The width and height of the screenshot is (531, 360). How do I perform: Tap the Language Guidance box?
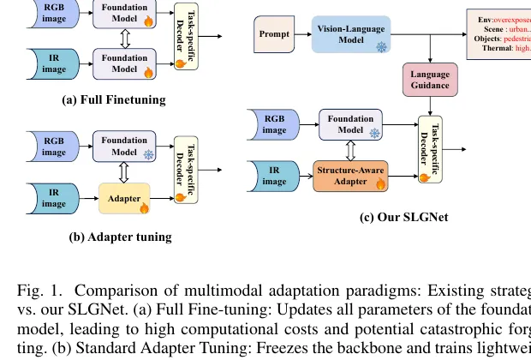coord(425,81)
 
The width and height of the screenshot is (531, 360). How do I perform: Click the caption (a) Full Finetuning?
coord(115,100)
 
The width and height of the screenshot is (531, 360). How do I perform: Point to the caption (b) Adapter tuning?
coord(109,237)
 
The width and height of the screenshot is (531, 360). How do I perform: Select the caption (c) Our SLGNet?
coord(403,217)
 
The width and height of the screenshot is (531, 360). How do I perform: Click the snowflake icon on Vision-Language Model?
coord(382,47)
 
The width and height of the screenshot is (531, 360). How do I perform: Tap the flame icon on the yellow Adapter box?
coord(143,207)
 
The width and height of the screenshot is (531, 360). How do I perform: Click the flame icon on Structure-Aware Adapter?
coord(381,182)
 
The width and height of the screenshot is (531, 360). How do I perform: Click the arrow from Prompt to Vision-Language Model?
coord(299,34)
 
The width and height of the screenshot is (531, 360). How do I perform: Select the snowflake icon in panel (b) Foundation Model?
coord(147,156)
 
